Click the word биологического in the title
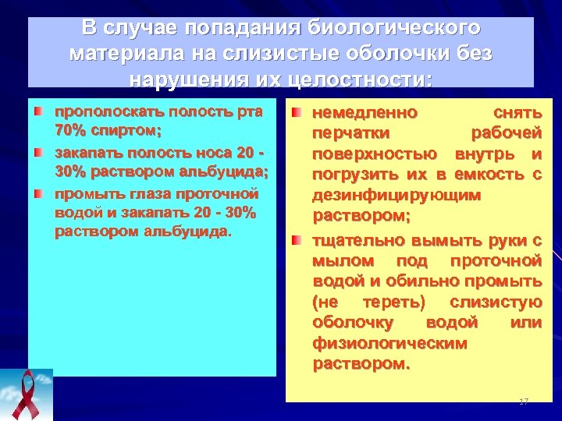click(396, 29)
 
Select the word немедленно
click(365, 113)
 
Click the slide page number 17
click(523, 401)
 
